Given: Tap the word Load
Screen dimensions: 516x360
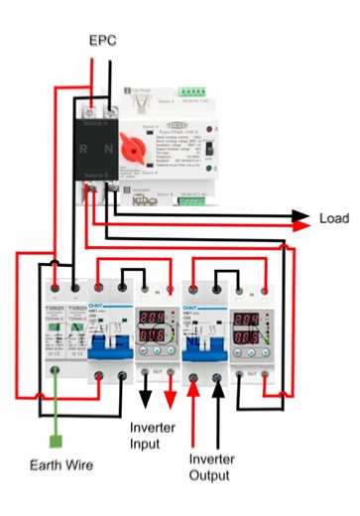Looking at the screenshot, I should (334, 218).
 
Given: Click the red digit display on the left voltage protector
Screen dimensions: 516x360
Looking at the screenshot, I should (152, 327).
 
